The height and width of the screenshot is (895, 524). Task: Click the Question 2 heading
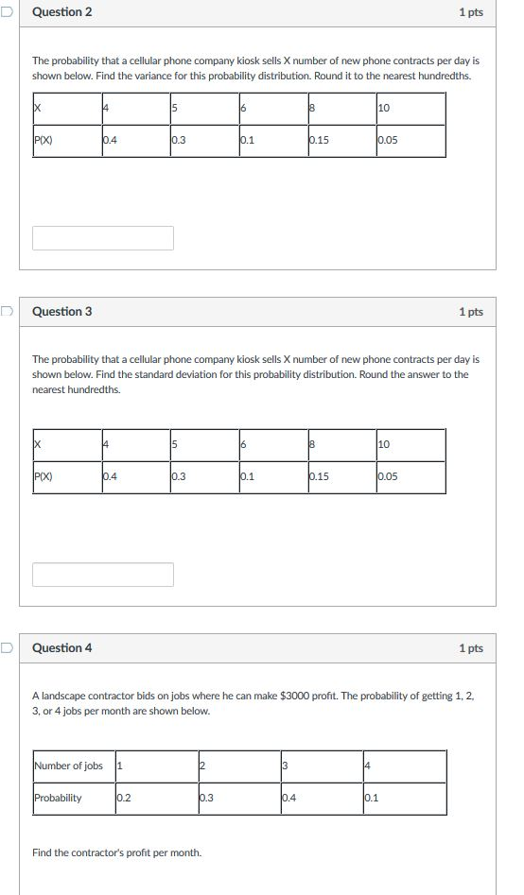[x=62, y=12]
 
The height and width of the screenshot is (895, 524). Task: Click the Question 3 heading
[x=62, y=312]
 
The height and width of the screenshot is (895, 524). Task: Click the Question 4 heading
[x=62, y=648]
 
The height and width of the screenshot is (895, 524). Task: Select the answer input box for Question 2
[x=103, y=238]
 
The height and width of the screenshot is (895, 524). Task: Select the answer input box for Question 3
[x=103, y=575]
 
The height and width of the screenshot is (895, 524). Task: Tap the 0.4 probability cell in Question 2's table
[x=112, y=141]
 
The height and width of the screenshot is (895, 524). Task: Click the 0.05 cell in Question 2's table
[x=388, y=141]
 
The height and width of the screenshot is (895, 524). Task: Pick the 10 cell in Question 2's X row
[x=383, y=109]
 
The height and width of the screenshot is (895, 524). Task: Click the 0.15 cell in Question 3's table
[x=319, y=477]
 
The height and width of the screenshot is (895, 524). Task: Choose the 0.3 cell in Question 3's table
[x=179, y=477]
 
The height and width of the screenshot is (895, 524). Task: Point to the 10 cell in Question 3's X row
[x=383, y=445]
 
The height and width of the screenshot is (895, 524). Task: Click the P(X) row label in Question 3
[x=44, y=477]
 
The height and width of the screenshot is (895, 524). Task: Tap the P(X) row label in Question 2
[x=44, y=141]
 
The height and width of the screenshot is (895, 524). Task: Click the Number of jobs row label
[x=68, y=766]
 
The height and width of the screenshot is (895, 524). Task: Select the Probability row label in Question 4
[x=58, y=798]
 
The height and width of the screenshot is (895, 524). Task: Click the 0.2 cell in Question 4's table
[x=123, y=798]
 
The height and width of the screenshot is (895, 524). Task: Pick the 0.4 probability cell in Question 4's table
[x=288, y=798]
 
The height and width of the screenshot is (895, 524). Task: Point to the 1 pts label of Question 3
[x=470, y=312]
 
